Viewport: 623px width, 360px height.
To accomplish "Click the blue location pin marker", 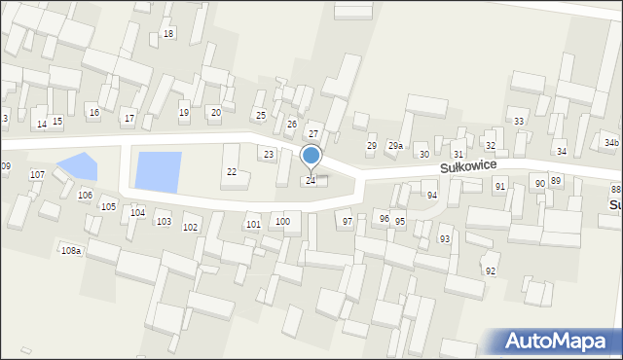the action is click(311, 156).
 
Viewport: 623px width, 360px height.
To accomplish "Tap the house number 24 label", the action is click(311, 181).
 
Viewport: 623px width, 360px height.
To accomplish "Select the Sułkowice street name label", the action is click(474, 166).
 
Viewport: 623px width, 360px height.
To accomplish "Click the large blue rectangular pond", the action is click(159, 171).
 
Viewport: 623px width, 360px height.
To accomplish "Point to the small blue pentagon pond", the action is click(78, 166).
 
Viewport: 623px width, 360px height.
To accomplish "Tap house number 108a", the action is click(71, 251).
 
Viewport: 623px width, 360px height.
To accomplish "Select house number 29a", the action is click(395, 146).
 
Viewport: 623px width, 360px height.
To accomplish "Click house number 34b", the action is click(610, 143).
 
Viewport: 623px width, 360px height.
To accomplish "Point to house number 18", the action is click(168, 34).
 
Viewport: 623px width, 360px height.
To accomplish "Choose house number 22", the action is click(232, 172).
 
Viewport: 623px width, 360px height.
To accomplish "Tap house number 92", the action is click(491, 270).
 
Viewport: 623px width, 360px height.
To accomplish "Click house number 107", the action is click(37, 175).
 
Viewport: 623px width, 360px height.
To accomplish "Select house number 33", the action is click(519, 122).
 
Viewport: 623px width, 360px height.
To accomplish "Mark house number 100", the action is click(282, 222).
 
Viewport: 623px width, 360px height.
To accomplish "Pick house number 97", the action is click(348, 222).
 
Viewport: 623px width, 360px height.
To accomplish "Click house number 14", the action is click(41, 125).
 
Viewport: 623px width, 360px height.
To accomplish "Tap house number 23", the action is click(269, 155).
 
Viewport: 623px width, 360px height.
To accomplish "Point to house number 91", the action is click(500, 186).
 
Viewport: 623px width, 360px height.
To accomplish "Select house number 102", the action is click(191, 228).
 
